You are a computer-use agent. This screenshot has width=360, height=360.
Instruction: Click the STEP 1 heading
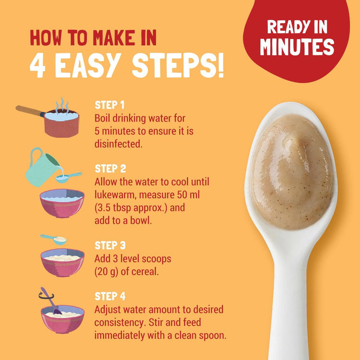[109, 105]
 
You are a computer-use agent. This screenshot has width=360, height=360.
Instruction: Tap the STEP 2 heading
[110, 169]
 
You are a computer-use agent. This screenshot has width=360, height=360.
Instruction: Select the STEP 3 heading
[110, 245]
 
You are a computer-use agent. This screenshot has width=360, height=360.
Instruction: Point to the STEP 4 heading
[110, 297]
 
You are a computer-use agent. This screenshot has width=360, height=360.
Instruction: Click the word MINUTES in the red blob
[297, 47]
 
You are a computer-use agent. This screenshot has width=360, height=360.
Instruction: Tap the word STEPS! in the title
[178, 66]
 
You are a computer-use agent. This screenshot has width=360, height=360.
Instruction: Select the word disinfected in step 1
[118, 144]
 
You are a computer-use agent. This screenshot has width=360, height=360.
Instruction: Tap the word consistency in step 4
[120, 323]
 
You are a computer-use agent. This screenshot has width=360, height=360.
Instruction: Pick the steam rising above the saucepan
[62, 105]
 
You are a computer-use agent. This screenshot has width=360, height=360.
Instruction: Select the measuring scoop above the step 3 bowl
[54, 240]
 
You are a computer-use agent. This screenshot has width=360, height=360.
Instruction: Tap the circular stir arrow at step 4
[46, 296]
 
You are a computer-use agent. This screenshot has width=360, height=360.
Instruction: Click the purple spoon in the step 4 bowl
[51, 301]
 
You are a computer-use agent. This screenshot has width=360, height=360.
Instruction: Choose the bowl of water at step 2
[62, 203]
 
